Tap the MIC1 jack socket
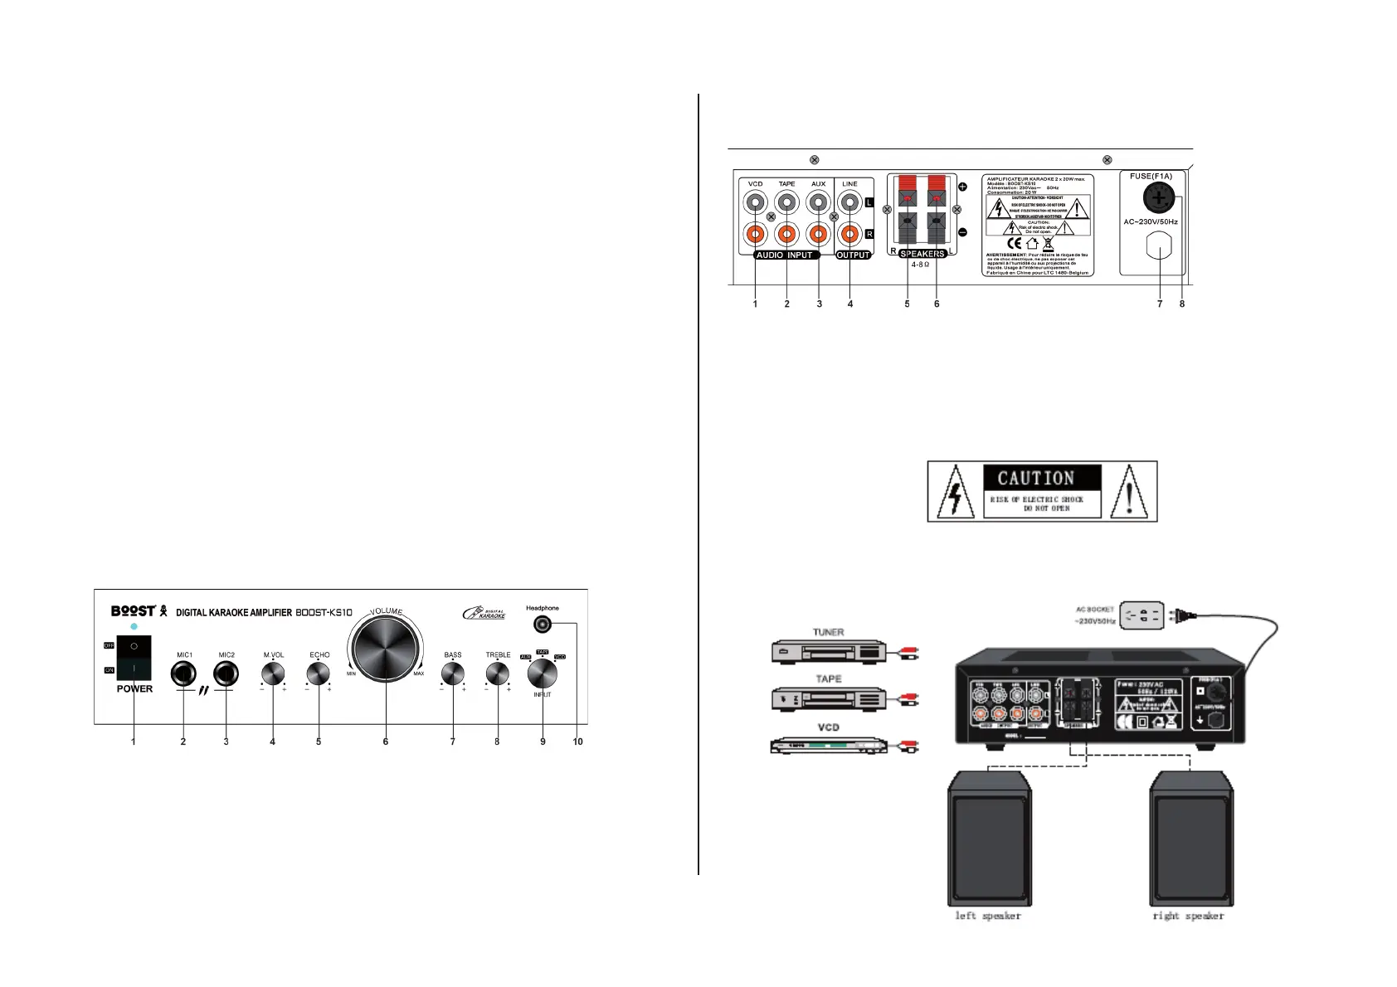point(183,674)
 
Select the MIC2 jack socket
point(226,674)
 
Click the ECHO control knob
point(319,674)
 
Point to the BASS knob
point(452,674)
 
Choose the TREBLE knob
point(497,674)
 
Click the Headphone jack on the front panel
point(543,623)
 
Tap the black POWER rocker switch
point(134,657)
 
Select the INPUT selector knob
point(542,674)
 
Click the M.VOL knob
point(273,674)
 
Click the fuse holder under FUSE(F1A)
point(1159,198)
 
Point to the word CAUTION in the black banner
point(1036,479)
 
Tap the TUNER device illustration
point(829,651)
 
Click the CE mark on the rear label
point(1014,244)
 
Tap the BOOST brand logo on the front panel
point(133,611)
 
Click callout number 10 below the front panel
point(577,741)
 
